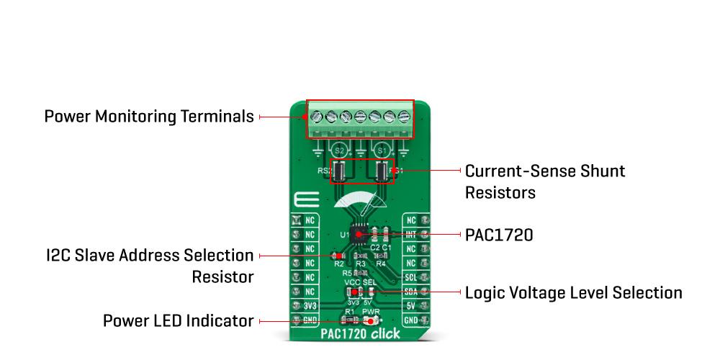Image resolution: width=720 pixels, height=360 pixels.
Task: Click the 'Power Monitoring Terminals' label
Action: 149,116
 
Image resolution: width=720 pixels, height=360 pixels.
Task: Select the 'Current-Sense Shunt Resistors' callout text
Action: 544,181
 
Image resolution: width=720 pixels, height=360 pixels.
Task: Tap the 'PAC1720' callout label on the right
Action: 499,235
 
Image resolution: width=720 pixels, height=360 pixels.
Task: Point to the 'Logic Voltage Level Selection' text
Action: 573,292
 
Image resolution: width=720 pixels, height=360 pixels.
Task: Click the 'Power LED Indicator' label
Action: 178,320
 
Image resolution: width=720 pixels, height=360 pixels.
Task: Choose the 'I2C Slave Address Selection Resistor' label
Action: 150,266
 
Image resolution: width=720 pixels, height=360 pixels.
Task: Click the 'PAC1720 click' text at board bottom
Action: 361,334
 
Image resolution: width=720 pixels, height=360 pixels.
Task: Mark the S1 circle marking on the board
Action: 382,150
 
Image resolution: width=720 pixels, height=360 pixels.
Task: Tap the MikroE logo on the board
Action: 301,199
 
